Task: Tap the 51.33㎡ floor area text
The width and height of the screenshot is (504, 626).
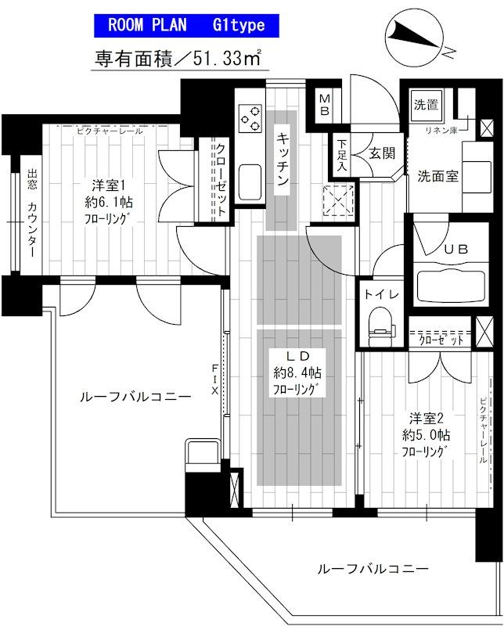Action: [x=181, y=58]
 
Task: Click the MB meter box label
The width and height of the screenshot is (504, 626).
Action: [x=325, y=104]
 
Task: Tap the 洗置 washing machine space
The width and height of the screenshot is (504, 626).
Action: [x=427, y=105]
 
